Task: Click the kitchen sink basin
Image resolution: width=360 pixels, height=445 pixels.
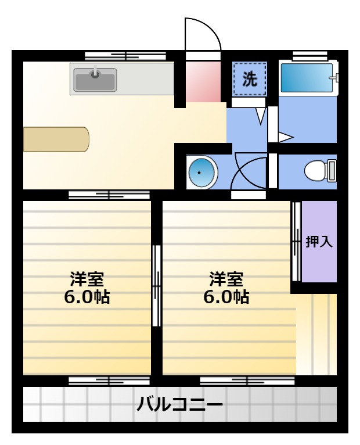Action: click(95, 80)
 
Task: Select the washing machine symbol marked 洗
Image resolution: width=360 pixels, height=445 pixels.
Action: click(250, 79)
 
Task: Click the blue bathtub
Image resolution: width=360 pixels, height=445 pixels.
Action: click(307, 77)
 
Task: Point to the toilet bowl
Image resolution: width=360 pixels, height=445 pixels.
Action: click(315, 171)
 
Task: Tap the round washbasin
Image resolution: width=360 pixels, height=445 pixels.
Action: click(201, 172)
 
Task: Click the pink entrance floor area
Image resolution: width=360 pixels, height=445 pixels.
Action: click(203, 82)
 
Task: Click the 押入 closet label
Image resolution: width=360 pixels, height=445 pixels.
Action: click(319, 242)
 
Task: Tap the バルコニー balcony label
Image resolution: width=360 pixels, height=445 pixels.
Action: click(180, 404)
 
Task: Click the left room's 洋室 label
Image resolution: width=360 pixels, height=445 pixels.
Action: click(87, 279)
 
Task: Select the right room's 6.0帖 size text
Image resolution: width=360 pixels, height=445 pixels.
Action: click(226, 297)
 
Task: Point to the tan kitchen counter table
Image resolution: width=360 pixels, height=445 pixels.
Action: click(56, 139)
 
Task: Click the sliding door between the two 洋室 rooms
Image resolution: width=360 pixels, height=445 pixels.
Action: click(156, 285)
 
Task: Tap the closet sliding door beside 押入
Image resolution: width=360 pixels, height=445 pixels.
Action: click(296, 241)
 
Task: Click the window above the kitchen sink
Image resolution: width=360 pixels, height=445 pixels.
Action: click(125, 56)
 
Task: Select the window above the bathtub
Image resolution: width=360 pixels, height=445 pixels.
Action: click(310, 56)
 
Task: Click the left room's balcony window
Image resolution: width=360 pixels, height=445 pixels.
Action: click(109, 381)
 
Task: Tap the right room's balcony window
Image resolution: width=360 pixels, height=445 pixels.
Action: click(247, 381)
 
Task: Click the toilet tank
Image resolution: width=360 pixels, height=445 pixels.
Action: click(332, 171)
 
